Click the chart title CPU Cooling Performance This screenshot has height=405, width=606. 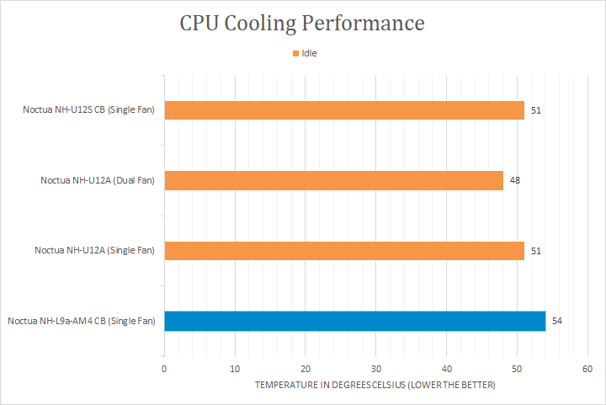coord(302,23)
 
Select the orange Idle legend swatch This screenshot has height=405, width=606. coord(295,53)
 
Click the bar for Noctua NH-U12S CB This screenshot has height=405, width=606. coord(344,110)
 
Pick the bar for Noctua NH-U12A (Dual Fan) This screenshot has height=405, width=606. coord(333,180)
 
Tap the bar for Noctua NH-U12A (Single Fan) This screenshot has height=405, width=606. coord(344,250)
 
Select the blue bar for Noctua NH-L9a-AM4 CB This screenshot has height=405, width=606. coord(354,321)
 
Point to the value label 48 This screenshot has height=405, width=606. coord(514,181)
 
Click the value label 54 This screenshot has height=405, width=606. coord(556,321)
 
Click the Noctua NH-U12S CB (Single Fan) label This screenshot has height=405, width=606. coord(89,110)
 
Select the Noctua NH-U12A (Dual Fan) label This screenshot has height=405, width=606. coord(98,180)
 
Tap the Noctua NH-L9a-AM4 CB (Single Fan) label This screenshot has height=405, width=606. coord(82,321)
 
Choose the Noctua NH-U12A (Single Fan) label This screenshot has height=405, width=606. coord(94,250)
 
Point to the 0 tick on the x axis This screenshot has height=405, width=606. coord(164,369)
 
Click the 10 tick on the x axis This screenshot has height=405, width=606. coord(235,369)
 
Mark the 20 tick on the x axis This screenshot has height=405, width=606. coord(306,369)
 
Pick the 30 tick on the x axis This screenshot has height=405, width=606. coord(376,369)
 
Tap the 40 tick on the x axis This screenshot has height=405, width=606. coord(447,369)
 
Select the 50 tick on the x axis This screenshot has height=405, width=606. coord(518,369)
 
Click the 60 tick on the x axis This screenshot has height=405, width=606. coord(587,369)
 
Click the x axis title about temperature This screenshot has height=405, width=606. coord(375,385)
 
